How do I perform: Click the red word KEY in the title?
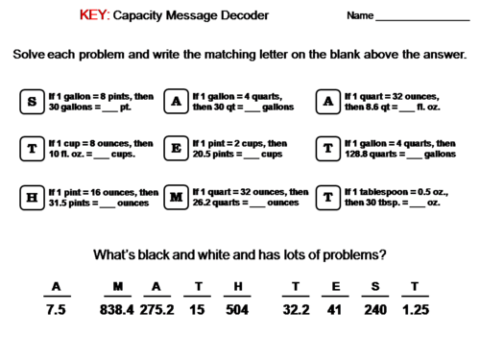point(95,15)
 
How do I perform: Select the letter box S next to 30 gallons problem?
point(32,101)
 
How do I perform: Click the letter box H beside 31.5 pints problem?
point(32,198)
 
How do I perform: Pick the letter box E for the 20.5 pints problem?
point(176,149)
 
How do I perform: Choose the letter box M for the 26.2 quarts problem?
point(176,198)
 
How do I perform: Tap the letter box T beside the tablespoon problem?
point(328,198)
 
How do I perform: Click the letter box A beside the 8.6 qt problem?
point(328,101)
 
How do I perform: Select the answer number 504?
point(236,310)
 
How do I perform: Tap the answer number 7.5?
point(56,310)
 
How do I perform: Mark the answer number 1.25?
point(415,310)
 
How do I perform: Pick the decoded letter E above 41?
point(335,286)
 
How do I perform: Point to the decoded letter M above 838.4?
point(118,286)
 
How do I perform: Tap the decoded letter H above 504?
point(236,286)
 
